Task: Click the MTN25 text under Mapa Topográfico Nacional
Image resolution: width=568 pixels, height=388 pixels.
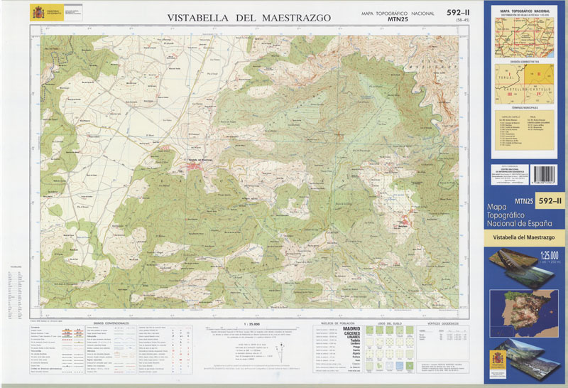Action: pyautogui.click(x=398, y=20)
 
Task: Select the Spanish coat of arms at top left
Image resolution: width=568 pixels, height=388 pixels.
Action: pyautogui.click(x=36, y=12)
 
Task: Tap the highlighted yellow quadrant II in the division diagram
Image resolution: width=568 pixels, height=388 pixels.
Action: pyautogui.click(x=538, y=74)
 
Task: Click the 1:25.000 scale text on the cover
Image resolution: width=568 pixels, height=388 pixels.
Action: pyautogui.click(x=549, y=256)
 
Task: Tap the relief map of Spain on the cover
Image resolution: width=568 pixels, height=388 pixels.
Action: pyautogui.click(x=524, y=312)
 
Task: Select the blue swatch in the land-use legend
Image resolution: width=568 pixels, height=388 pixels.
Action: pyautogui.click(x=411, y=365)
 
